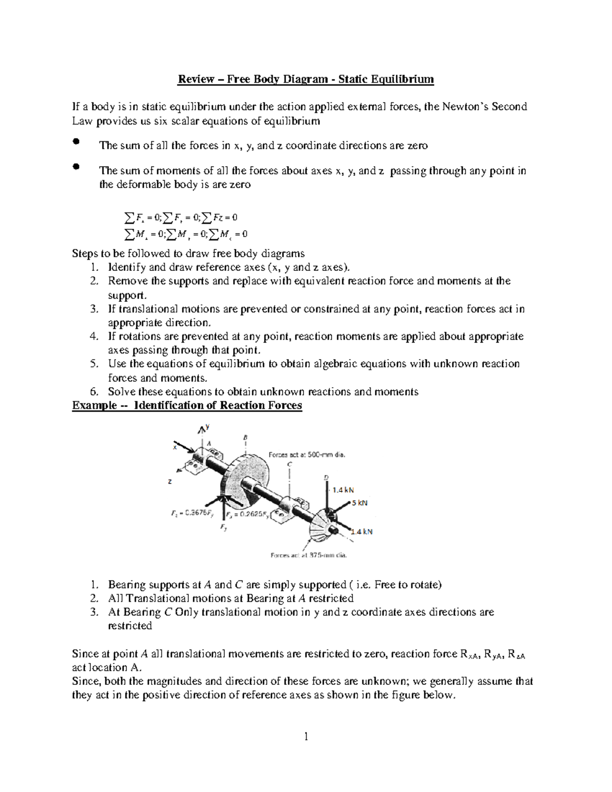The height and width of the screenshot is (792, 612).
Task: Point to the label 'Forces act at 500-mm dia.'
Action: [x=307, y=454]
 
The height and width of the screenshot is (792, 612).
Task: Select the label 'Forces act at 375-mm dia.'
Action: [x=309, y=555]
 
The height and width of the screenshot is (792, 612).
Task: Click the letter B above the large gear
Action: [x=245, y=438]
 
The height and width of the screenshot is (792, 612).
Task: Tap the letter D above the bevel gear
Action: [x=326, y=477]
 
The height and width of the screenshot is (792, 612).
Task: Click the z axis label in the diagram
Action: [x=170, y=481]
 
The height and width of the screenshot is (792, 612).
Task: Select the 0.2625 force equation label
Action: [x=247, y=514]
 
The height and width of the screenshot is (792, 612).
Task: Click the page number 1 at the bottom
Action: [x=306, y=736]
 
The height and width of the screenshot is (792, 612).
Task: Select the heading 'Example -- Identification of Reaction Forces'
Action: [x=187, y=405]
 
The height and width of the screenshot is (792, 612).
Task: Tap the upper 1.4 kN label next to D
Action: [x=343, y=490]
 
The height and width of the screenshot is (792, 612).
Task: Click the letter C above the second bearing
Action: [x=289, y=465]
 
